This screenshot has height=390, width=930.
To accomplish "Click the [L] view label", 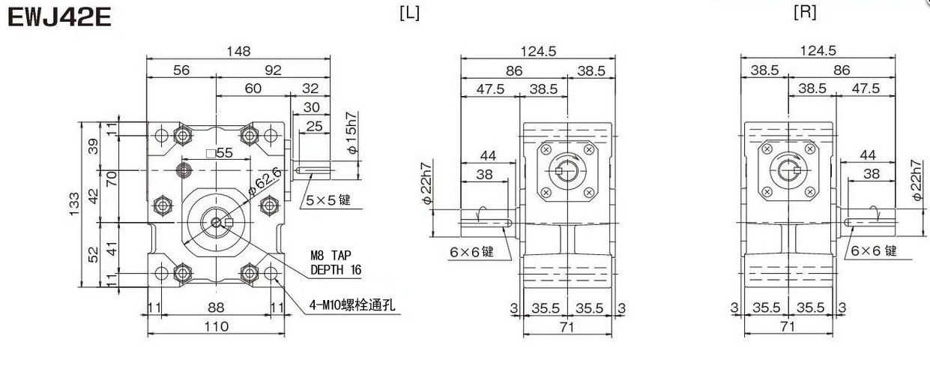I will (410, 14).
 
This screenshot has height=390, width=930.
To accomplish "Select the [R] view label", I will (805, 13).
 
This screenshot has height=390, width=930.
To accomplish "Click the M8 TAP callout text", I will (333, 255).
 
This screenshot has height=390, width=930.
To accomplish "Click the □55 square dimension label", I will (219, 153).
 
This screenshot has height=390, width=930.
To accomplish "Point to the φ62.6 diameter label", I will (266, 181).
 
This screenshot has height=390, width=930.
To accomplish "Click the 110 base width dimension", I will (216, 326).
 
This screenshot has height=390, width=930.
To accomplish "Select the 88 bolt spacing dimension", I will (216, 307).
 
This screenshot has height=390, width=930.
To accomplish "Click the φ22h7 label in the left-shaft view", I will (426, 184).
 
